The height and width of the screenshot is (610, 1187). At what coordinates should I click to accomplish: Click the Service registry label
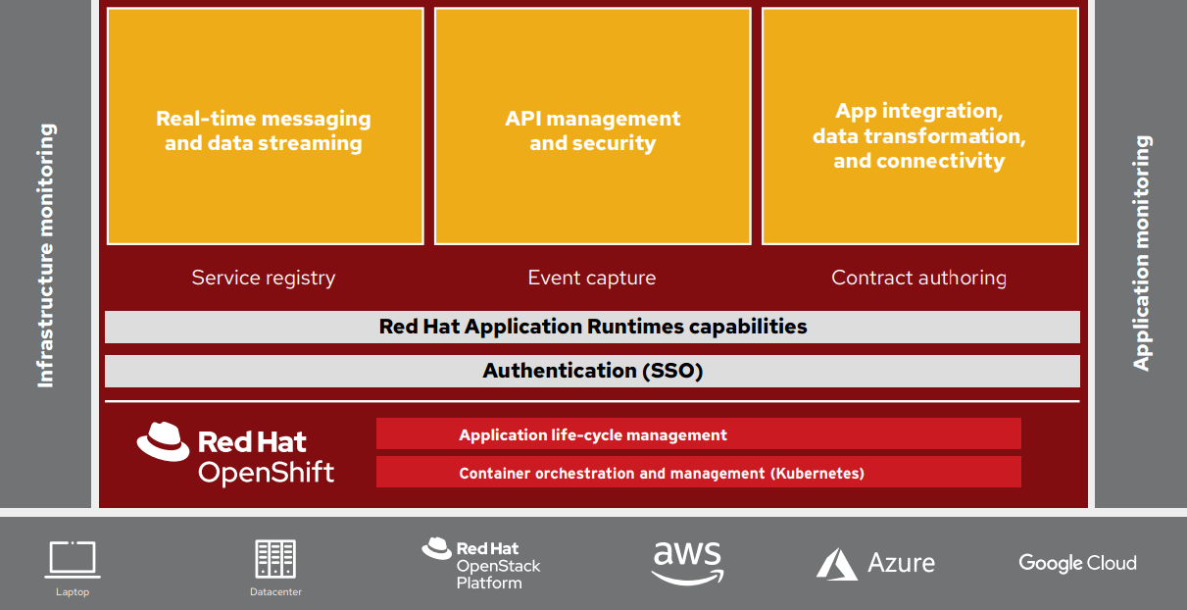point(263,278)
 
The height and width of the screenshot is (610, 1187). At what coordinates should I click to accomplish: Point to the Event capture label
point(591,278)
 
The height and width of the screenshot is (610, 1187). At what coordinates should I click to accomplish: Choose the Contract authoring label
point(918,278)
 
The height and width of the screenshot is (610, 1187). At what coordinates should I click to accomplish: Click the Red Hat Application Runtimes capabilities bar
point(592,327)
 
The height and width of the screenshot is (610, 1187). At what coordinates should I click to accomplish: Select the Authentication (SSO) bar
point(592,371)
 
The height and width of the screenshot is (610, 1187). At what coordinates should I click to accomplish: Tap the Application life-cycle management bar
point(698,433)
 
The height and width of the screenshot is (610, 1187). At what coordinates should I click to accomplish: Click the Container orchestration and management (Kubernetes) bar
point(698,472)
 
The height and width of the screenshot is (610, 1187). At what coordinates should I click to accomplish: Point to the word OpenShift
point(266,473)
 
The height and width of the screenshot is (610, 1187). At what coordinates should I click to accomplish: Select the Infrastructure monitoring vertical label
point(46,255)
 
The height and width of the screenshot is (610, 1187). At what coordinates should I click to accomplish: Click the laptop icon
point(72,560)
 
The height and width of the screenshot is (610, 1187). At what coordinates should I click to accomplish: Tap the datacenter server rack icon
point(275,559)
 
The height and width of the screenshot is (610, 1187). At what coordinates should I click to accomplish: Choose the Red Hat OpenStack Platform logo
point(481,563)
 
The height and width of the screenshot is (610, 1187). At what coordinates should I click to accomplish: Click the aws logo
point(687,562)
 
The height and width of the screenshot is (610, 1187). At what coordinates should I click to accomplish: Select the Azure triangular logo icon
point(836,563)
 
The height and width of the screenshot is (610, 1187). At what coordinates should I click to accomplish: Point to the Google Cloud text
point(1077,563)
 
